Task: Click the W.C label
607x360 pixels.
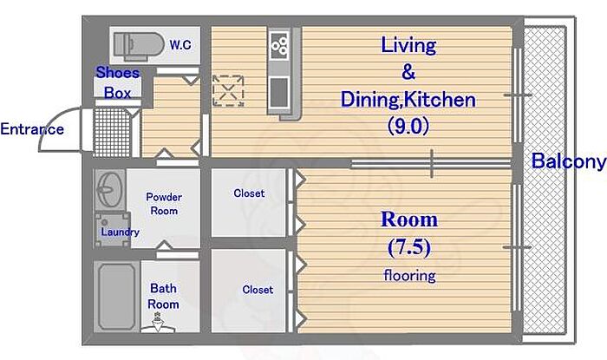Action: click(x=180, y=44)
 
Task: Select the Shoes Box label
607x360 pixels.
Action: click(x=118, y=82)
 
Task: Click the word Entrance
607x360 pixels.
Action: click(x=32, y=129)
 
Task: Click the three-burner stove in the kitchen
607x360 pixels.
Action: click(x=279, y=45)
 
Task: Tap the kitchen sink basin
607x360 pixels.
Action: click(x=279, y=93)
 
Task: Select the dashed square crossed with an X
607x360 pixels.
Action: click(x=228, y=91)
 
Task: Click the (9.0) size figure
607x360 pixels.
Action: click(x=408, y=126)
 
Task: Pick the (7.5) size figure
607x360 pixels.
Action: click(x=409, y=247)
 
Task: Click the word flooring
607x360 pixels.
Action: click(x=409, y=276)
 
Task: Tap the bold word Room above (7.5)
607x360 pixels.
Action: click(x=409, y=219)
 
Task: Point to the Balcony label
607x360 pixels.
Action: click(x=568, y=161)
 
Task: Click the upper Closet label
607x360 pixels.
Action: click(x=250, y=193)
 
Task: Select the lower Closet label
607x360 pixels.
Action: click(x=258, y=290)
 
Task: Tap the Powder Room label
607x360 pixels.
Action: click(x=164, y=204)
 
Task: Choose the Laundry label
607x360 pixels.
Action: click(x=120, y=232)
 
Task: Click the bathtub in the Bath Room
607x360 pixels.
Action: click(x=117, y=297)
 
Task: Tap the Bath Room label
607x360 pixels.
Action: click(x=163, y=296)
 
